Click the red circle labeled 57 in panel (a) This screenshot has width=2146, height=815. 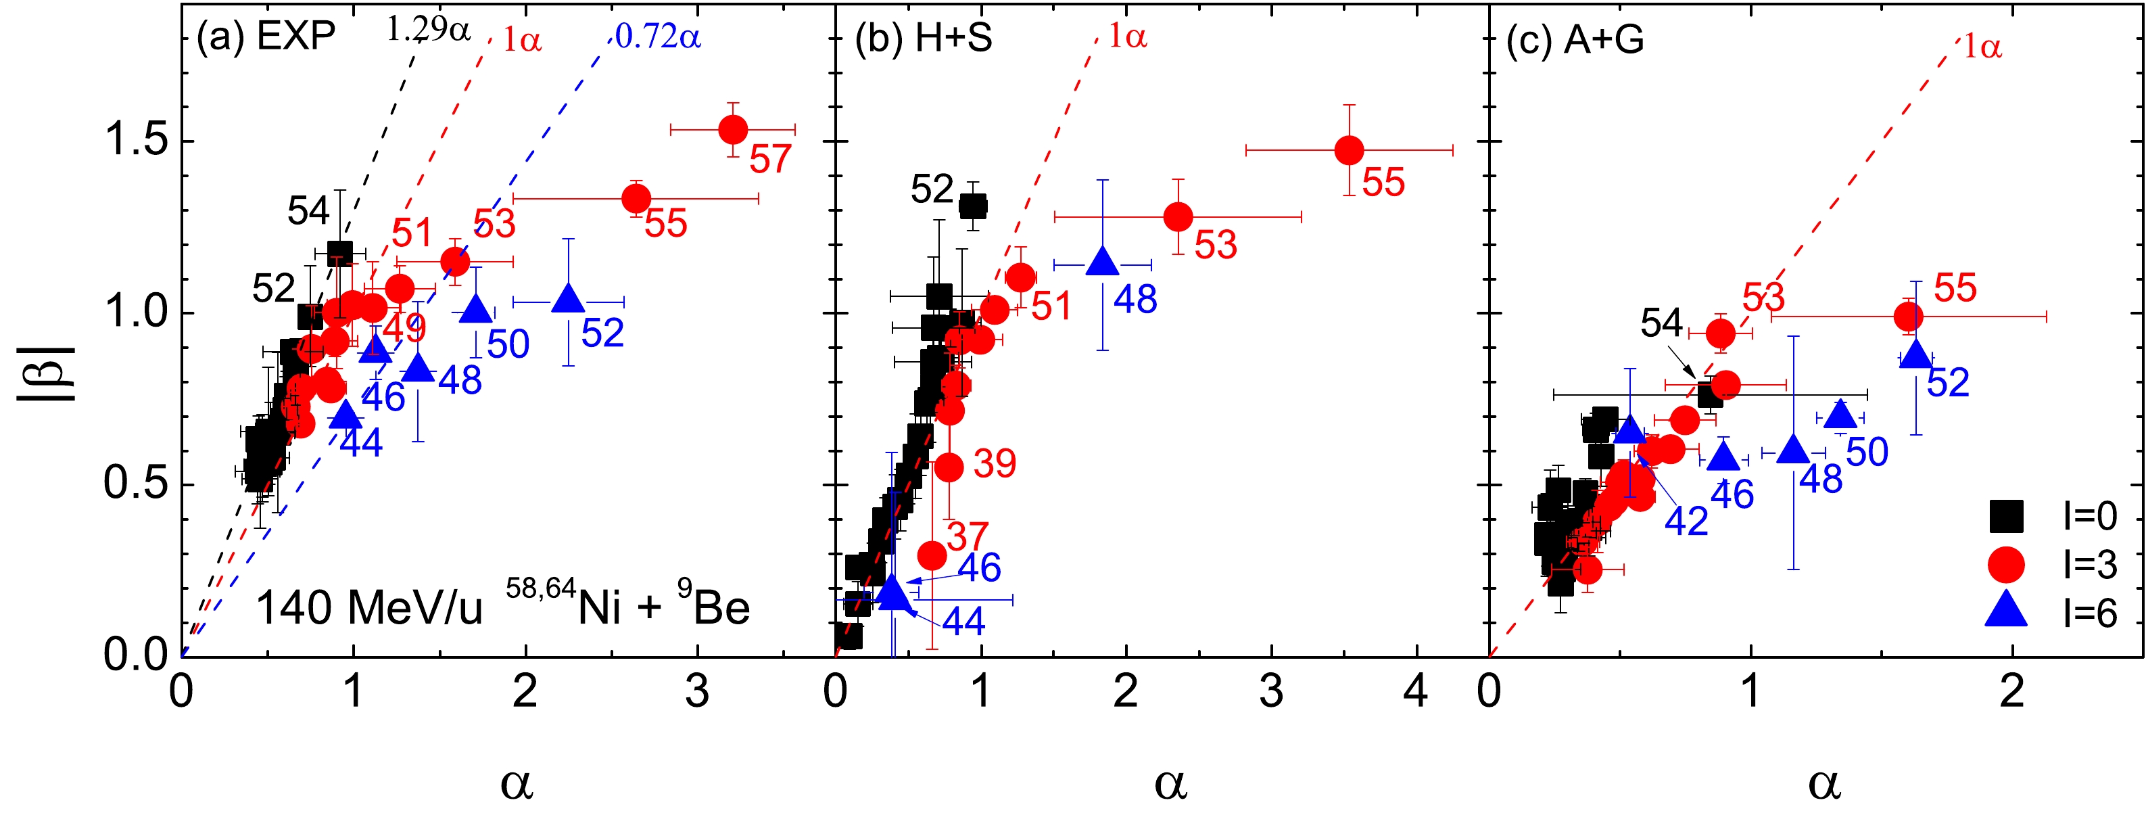tap(733, 129)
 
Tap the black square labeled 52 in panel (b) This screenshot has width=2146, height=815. tap(973, 206)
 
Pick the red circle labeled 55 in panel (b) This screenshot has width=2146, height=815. tap(1349, 150)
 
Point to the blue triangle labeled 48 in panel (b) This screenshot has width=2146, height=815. tap(1103, 262)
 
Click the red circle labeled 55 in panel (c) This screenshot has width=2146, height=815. tap(1909, 317)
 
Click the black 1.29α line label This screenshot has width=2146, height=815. tap(428, 30)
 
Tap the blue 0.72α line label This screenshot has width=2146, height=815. tap(658, 37)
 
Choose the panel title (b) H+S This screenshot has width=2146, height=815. tap(924, 37)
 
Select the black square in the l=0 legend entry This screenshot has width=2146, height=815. tap(2007, 517)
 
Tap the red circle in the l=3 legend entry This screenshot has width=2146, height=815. tap(2007, 565)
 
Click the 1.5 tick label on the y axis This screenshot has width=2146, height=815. tap(137, 140)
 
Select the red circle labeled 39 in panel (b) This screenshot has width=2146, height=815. tap(949, 467)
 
